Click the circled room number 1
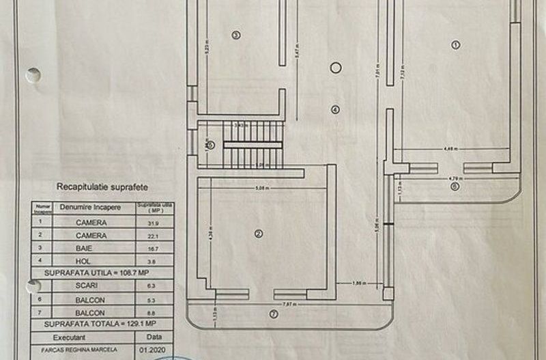click(x=456, y=44)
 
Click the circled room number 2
click(x=258, y=234)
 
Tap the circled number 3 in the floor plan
click(x=236, y=35)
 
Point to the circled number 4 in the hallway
click(x=334, y=109)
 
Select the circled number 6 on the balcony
click(x=455, y=185)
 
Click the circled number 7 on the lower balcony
click(x=274, y=314)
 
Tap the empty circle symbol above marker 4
click(x=334, y=67)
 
